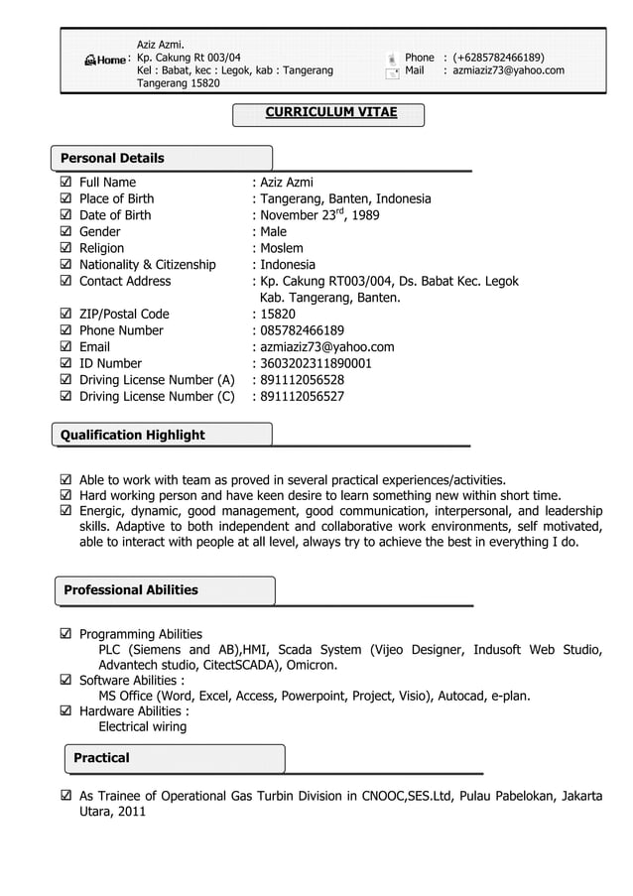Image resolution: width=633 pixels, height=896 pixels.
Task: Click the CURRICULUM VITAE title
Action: [330, 113]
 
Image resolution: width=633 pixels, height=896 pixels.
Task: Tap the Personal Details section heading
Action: [112, 158]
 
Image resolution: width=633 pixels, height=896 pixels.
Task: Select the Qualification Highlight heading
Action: [132, 435]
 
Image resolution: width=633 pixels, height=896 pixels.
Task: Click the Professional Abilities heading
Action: [130, 589]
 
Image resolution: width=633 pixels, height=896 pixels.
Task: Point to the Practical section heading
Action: [101, 758]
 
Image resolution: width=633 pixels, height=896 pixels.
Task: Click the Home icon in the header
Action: [105, 61]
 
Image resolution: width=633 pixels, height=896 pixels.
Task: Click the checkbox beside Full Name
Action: [65, 183]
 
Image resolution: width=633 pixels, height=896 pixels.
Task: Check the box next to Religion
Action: [65, 248]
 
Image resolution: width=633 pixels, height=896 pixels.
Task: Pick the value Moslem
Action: [282, 248]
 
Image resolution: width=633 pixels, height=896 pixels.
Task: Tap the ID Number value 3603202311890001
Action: [316, 364]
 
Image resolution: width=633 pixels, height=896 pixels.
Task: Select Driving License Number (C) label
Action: [157, 397]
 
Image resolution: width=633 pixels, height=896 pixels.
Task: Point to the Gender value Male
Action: [273, 232]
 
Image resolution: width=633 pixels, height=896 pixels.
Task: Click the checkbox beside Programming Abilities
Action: [65, 634]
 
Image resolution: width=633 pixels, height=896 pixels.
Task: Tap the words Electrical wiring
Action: [142, 727]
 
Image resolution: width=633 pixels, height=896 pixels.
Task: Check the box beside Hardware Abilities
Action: [65, 711]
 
